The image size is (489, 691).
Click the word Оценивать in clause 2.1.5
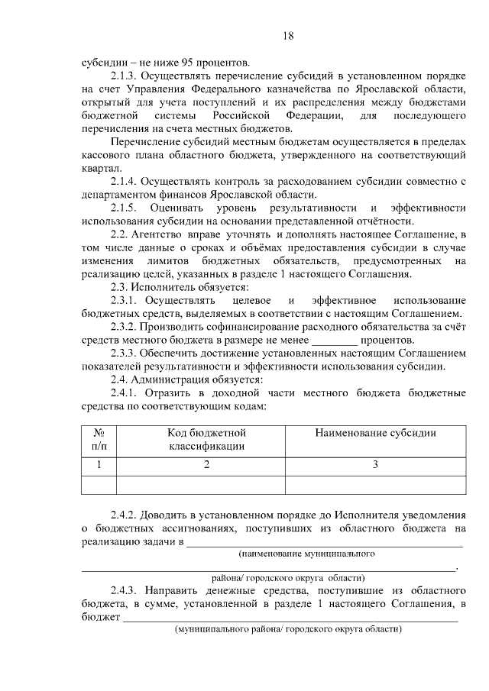177,208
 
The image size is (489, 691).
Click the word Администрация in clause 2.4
177,379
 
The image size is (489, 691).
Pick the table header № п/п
99,439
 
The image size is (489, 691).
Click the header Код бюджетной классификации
206,439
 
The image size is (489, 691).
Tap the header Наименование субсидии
375,433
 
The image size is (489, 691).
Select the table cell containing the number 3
375,465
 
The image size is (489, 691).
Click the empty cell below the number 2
206,484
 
